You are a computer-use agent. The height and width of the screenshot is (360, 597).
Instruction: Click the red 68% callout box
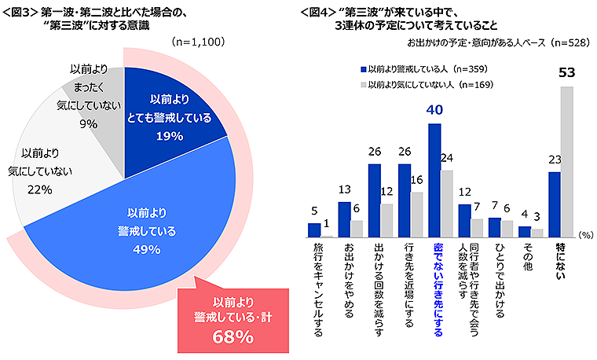coord(233,318)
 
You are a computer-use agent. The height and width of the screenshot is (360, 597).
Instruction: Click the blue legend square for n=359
coord(363,68)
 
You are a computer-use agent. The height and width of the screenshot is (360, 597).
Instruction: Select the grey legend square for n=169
coord(363,83)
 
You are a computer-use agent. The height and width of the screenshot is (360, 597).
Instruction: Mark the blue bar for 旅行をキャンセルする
coord(314,230)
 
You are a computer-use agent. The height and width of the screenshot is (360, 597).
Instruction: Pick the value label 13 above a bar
coord(344,190)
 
